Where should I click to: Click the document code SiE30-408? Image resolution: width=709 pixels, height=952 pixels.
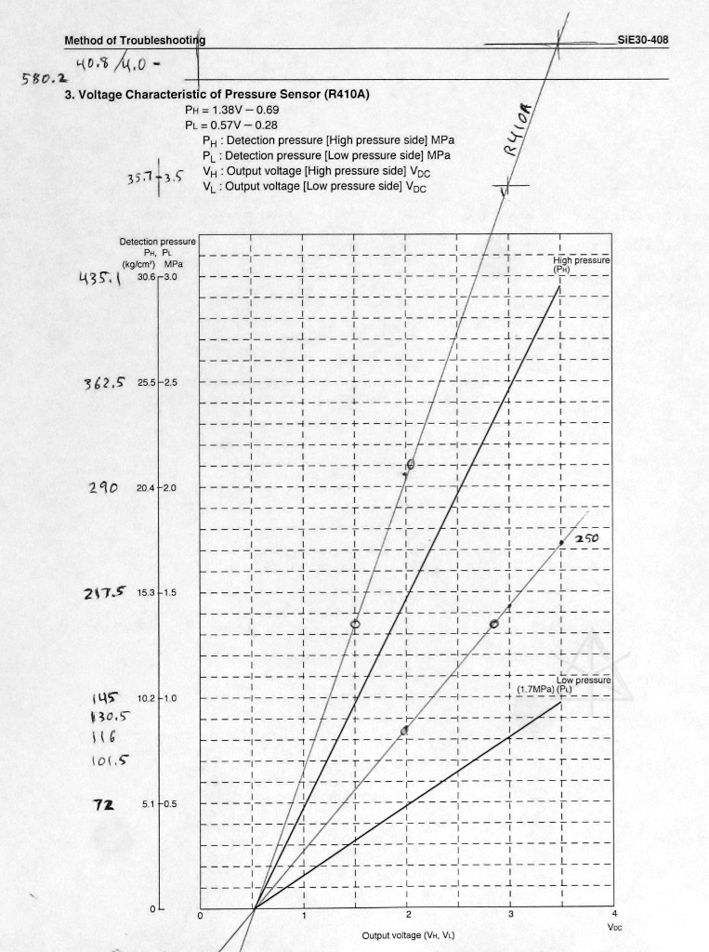pyautogui.click(x=643, y=40)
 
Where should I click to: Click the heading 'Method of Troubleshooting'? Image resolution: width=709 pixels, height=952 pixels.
pyautogui.click(x=136, y=40)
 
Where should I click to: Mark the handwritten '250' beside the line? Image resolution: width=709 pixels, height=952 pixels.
pyautogui.click(x=590, y=539)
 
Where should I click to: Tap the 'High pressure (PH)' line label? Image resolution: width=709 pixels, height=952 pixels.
pyautogui.click(x=580, y=264)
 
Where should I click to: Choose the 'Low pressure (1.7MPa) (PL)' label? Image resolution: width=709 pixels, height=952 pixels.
pyautogui.click(x=563, y=684)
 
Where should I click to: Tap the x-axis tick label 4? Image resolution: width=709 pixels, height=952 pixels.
pyautogui.click(x=614, y=916)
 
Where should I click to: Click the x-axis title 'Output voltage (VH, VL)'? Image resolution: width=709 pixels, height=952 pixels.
pyautogui.click(x=408, y=934)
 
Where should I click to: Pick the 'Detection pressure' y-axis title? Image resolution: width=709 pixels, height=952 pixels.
pyautogui.click(x=158, y=242)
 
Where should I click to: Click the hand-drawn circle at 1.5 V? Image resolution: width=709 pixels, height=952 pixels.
pyautogui.click(x=355, y=624)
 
